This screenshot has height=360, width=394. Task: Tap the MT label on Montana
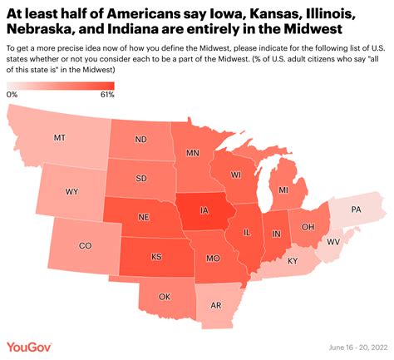point(60,137)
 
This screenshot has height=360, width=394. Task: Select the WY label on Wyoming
point(72,191)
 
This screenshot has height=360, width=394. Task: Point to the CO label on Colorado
point(85,246)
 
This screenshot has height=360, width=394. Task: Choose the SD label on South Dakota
point(142,177)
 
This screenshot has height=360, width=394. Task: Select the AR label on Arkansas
point(214,305)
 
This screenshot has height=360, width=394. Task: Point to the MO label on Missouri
point(212,258)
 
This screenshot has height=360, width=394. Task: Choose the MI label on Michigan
point(283,191)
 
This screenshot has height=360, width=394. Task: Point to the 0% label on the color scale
point(12,94)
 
